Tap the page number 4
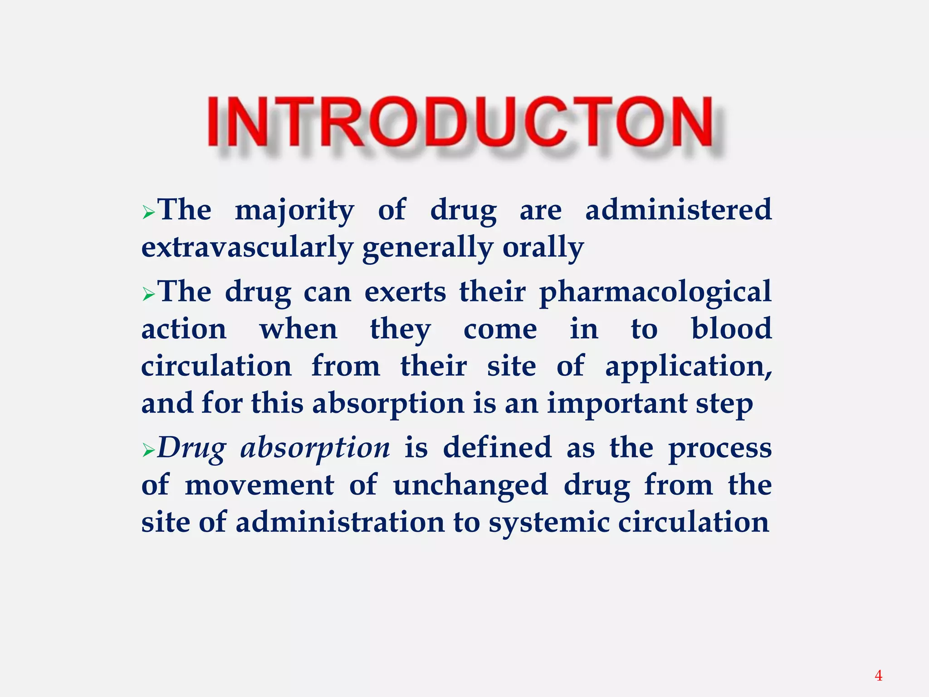pyautogui.click(x=878, y=676)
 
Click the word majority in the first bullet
pyautogui.click(x=294, y=211)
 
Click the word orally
pyautogui.click(x=543, y=248)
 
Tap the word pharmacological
pyautogui.click(x=655, y=292)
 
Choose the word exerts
pyautogui.click(x=405, y=292)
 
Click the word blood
pyautogui.click(x=731, y=329)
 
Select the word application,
pyautogui.click(x=688, y=367)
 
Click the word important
pyautogui.click(x=617, y=403)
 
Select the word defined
pyautogui.click(x=497, y=447)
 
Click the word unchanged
pyautogui.click(x=470, y=485)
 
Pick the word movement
pyautogui.click(x=259, y=485)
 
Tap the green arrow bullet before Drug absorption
pyautogui.click(x=148, y=451)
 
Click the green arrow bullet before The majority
pyautogui.click(x=148, y=212)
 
